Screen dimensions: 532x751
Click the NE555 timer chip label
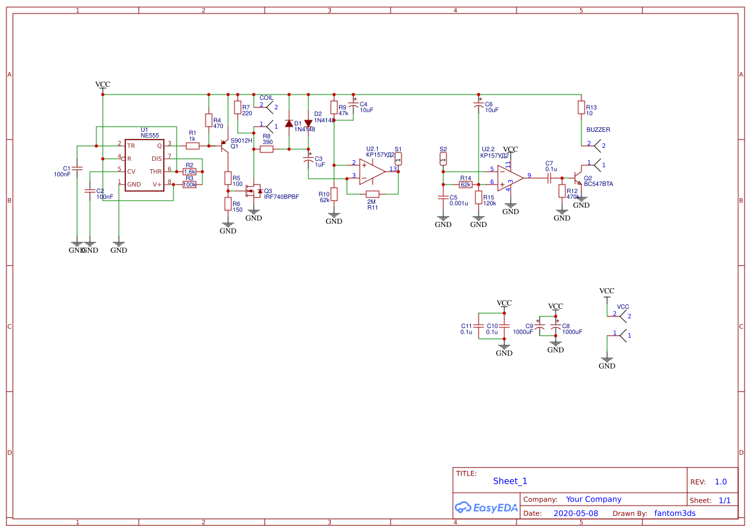150,136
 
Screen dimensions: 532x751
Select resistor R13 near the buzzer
581,108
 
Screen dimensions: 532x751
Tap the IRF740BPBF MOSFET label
281,197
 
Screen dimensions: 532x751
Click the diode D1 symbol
289,123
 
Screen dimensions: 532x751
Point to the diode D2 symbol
308,122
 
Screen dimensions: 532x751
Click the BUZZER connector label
598,130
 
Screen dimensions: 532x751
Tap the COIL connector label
267,98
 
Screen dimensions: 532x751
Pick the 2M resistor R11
373,194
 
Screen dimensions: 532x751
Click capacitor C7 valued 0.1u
550,177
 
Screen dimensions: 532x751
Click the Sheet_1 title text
510,481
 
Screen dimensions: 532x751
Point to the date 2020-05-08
576,513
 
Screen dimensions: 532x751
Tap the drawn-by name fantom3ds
675,513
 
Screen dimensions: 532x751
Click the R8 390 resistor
267,149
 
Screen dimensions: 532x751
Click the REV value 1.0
721,482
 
